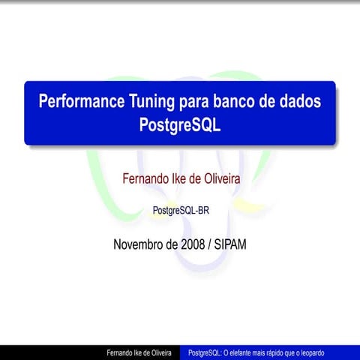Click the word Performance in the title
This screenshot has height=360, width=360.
pyautogui.click(x=76, y=101)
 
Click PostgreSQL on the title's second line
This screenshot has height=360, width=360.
pyautogui.click(x=180, y=124)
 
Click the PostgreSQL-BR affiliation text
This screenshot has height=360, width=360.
pyautogui.click(x=180, y=211)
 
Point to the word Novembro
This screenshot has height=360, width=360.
pyautogui.click(x=139, y=244)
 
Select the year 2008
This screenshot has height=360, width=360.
pyautogui.click(x=196, y=244)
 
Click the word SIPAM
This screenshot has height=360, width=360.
pyautogui.click(x=232, y=244)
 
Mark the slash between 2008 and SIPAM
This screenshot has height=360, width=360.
pyautogui.click(x=213, y=244)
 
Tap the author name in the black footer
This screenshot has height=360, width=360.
pyautogui.click(x=139, y=352)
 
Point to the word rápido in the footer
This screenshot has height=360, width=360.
pyautogui.click(x=281, y=352)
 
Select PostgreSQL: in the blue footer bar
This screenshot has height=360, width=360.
pyautogui.click(x=205, y=352)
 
